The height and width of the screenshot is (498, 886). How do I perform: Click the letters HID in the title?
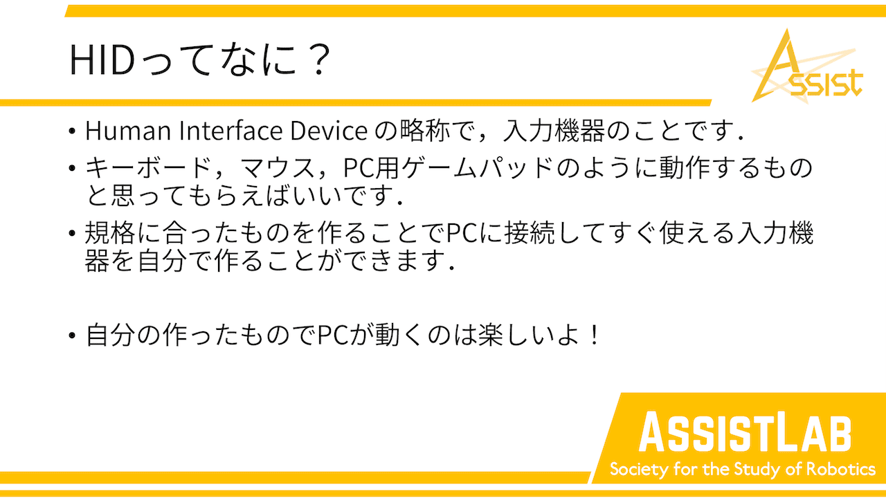point(102,59)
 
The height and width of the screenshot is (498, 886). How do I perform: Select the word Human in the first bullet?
point(128,131)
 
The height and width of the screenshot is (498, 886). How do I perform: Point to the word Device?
point(329,131)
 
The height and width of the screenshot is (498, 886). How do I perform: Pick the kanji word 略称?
point(424,130)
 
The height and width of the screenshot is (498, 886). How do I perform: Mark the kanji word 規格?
point(110,233)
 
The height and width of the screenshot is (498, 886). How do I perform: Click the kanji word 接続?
point(530,233)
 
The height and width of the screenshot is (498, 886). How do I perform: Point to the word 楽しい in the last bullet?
point(516,335)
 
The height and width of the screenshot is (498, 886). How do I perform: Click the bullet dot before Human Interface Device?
point(71,131)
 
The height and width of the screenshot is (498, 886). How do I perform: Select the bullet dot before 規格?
point(71,233)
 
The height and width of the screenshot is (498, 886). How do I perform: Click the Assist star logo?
point(807,66)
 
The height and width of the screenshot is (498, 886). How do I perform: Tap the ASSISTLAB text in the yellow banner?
point(745,432)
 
